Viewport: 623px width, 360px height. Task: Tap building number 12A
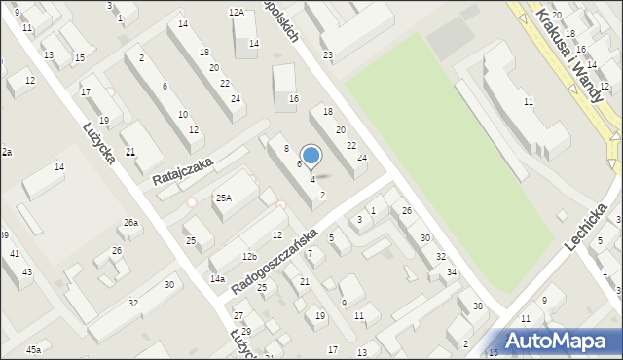tap(236, 13)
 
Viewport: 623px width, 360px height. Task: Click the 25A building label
tap(223, 198)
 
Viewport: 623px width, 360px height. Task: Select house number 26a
tap(130, 223)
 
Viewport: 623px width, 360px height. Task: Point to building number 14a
tap(217, 279)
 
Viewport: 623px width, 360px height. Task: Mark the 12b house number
tap(250, 257)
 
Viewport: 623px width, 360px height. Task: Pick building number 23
tap(328, 54)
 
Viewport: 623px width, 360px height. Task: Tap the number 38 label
tap(477, 307)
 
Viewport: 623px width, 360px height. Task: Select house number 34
tap(452, 272)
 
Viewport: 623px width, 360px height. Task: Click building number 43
tap(27, 271)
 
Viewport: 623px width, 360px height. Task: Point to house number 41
tap(15, 254)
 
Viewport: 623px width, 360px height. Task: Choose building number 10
tap(183, 115)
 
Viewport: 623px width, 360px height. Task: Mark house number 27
tap(238, 316)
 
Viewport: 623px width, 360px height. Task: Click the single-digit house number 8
tap(286, 148)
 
